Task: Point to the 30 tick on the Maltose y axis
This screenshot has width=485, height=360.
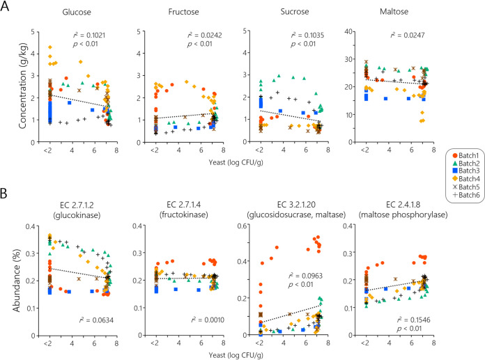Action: click(x=353, y=57)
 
